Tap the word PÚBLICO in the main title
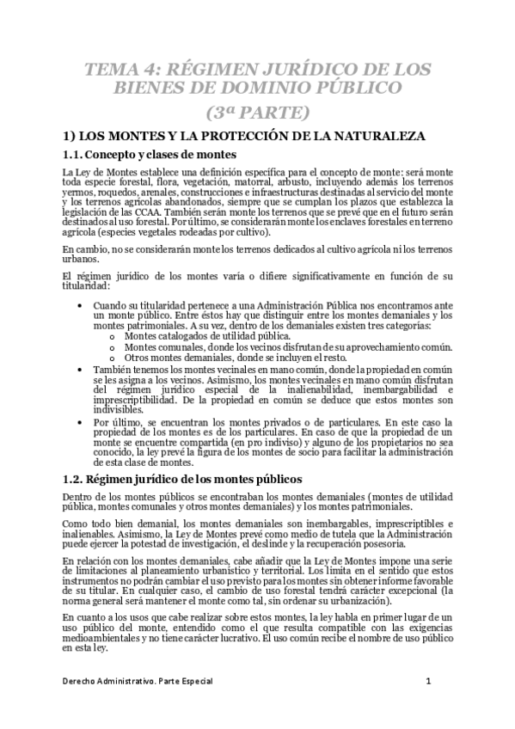point(355,88)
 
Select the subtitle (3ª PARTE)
point(257,111)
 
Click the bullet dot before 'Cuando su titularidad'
point(80,304)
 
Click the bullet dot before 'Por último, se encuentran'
point(80,423)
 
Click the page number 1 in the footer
point(427,681)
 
